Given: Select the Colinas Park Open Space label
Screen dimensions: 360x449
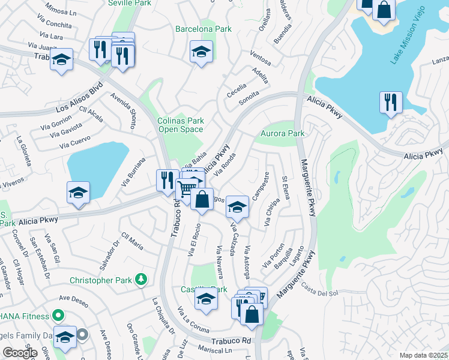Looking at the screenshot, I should [x=180, y=125].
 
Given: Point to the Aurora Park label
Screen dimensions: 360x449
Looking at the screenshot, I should [x=282, y=133].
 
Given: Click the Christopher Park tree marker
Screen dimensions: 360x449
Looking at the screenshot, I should [x=141, y=279].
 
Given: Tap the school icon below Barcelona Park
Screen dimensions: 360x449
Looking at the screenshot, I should [x=202, y=52].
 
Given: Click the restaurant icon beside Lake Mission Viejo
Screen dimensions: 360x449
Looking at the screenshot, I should [x=390, y=102].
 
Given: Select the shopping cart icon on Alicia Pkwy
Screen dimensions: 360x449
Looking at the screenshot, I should [x=187, y=188].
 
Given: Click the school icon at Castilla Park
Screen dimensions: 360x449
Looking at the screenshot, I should [x=206, y=301].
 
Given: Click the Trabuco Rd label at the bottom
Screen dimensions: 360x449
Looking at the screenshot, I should [x=230, y=340].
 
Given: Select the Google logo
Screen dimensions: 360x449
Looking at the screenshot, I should [x=20, y=353].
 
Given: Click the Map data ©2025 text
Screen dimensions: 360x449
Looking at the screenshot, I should [x=423, y=355].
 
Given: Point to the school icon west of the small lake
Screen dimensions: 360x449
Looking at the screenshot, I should [x=78, y=193].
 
